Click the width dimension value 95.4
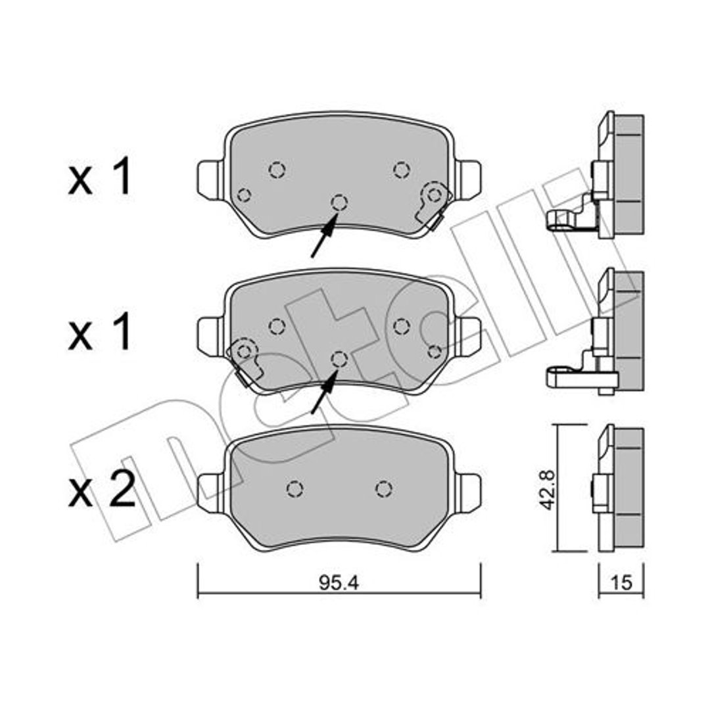click(x=339, y=583)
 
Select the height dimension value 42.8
click(x=549, y=490)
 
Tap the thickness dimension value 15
click(x=621, y=582)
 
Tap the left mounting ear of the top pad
click(x=210, y=179)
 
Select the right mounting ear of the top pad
click(x=467, y=179)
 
